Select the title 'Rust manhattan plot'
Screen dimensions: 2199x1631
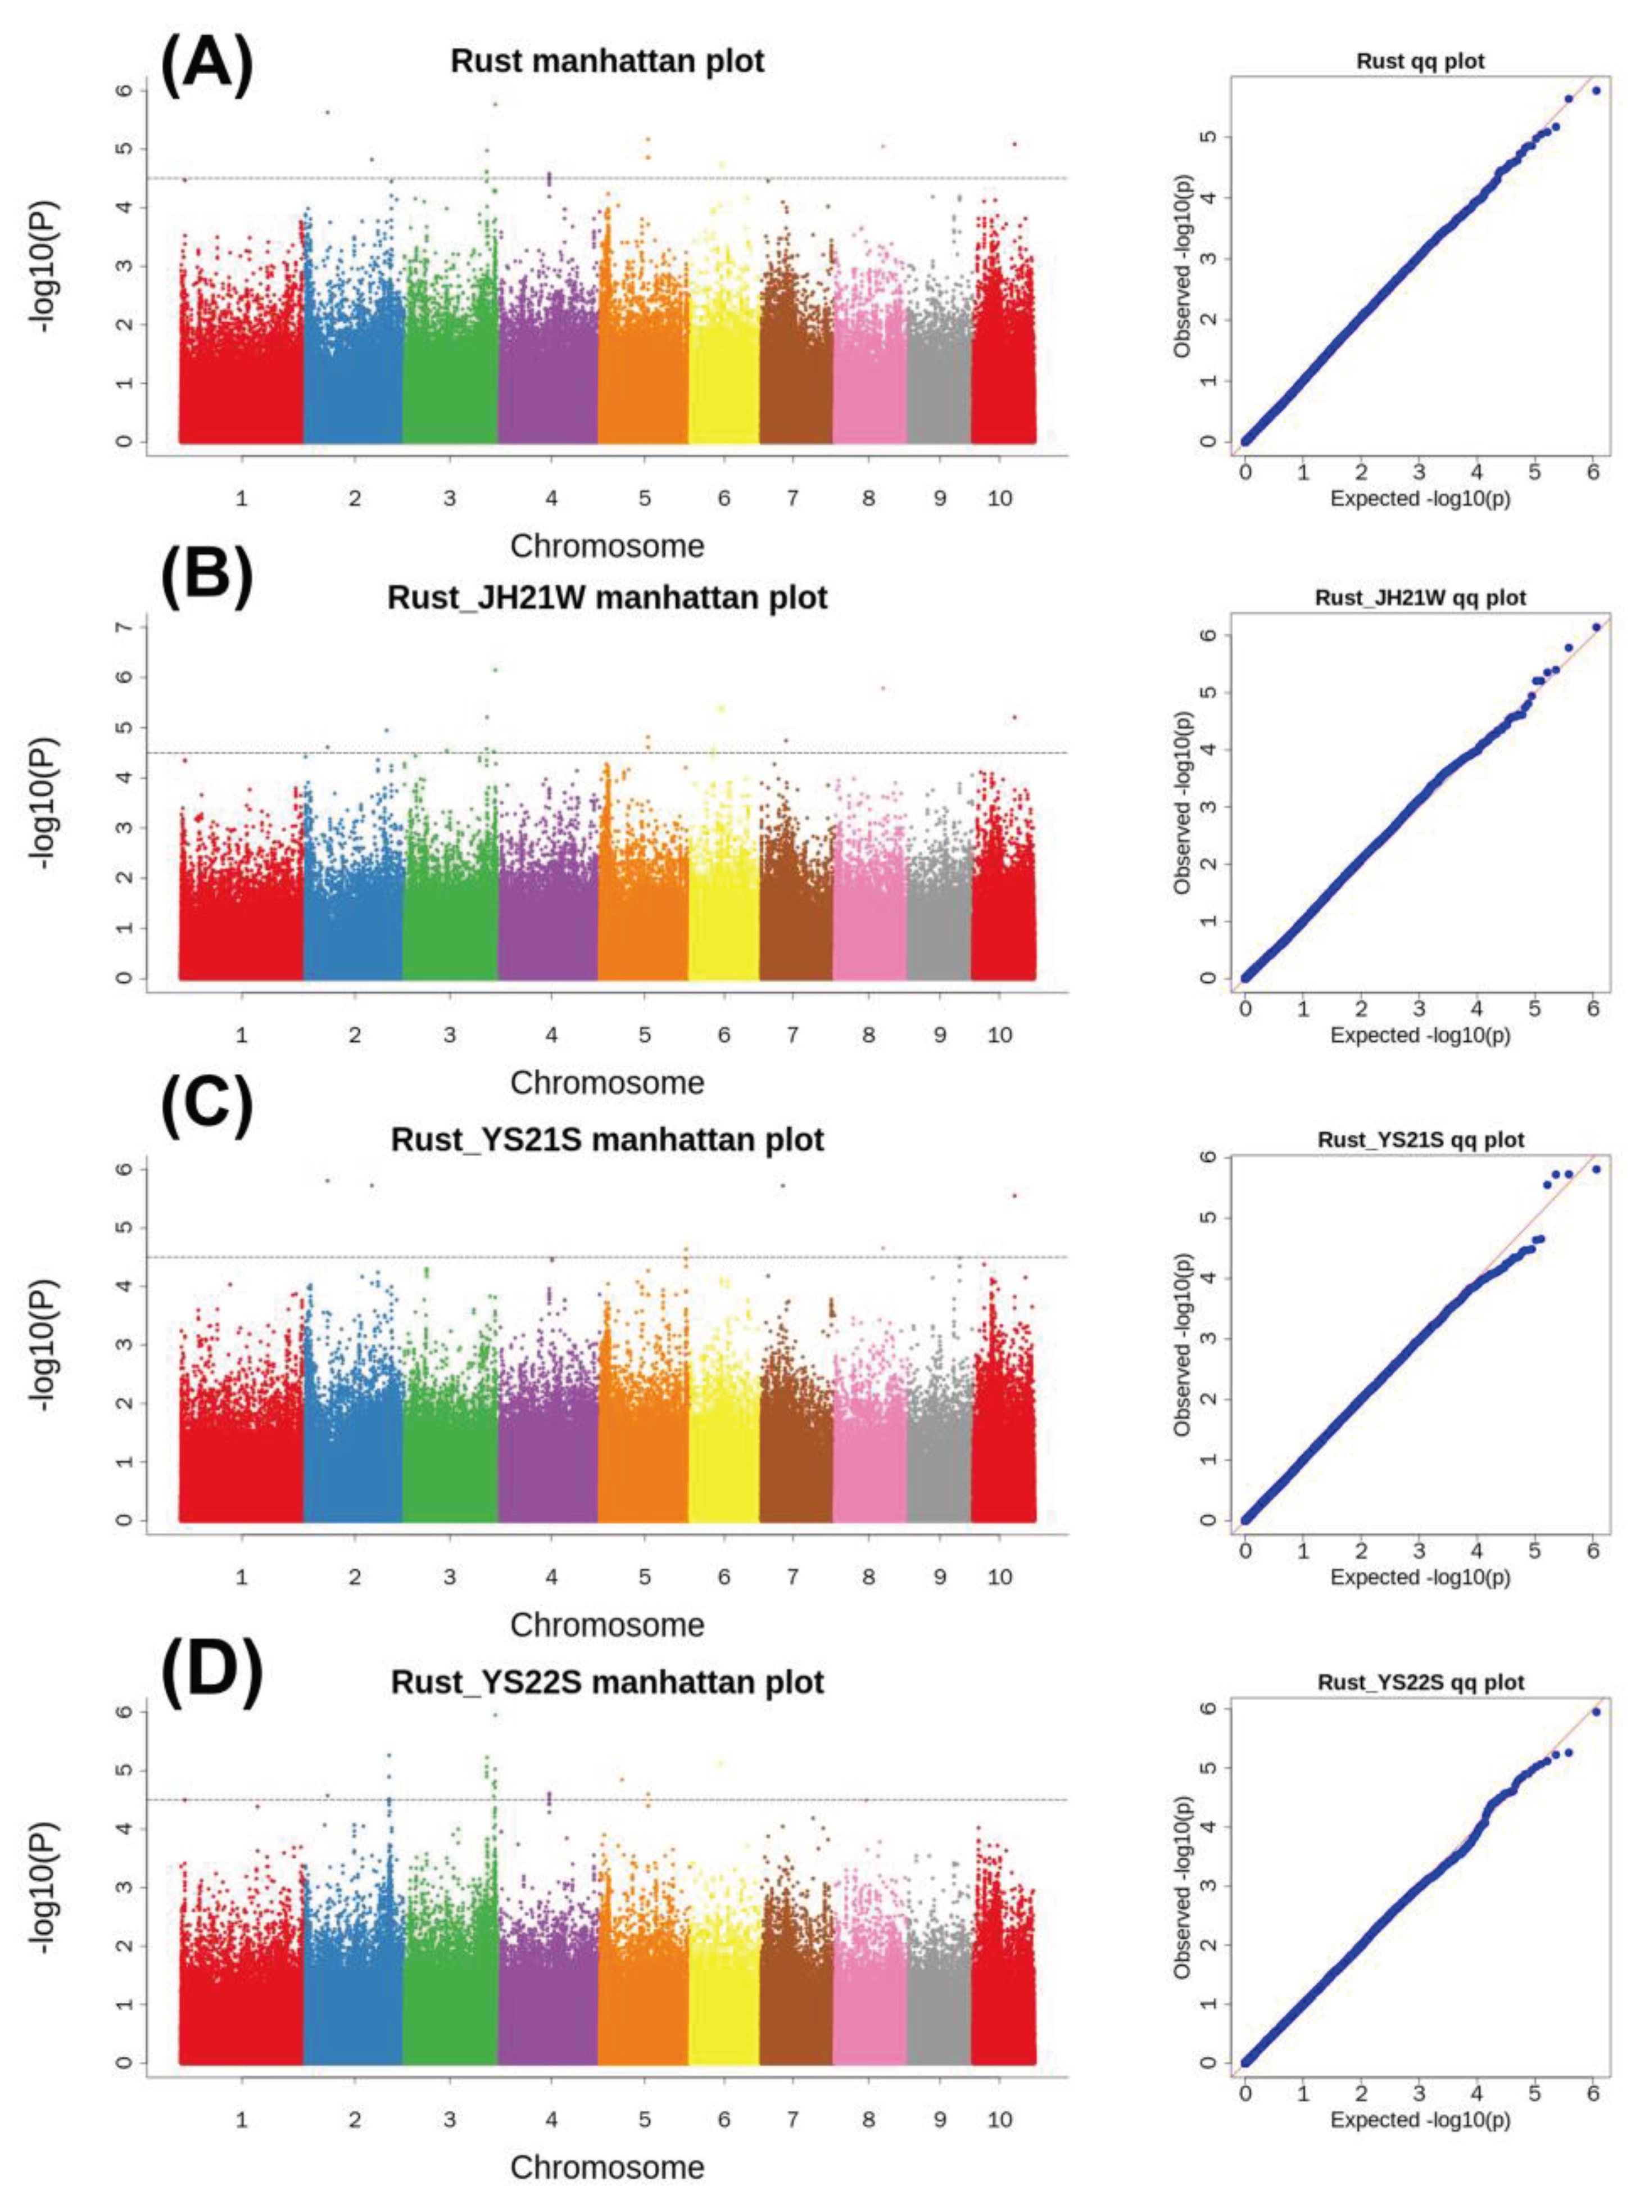click(607, 61)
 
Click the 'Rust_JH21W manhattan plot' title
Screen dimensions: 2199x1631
click(607, 598)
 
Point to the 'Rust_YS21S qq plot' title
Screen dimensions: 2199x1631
click(1420, 1140)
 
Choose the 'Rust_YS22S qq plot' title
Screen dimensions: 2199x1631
click(1420, 1682)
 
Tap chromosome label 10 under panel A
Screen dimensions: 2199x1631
click(999, 499)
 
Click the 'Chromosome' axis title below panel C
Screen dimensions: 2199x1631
click(607, 1624)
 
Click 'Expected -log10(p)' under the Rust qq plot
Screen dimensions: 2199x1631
click(1420, 499)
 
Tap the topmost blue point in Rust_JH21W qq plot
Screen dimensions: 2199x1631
click(1596, 627)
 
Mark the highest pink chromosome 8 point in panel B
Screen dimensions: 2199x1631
click(882, 688)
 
